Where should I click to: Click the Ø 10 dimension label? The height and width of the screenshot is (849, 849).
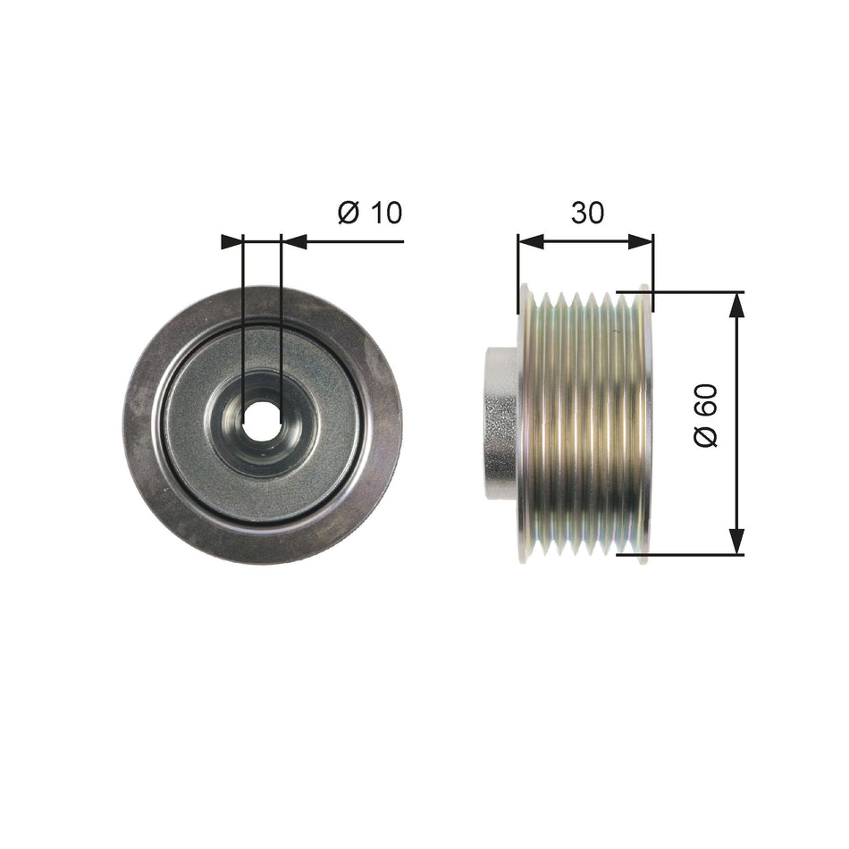370,213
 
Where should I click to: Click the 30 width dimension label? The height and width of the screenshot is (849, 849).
588,212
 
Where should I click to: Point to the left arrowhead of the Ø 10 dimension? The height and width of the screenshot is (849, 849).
232,241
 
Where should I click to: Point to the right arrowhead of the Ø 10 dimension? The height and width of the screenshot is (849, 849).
293,241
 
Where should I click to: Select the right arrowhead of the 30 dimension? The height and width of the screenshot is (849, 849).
641,241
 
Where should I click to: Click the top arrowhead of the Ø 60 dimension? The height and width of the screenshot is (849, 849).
736,305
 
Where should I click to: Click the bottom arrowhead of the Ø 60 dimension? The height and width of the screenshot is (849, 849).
736,542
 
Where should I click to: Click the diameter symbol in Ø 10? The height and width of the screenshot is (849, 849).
349,213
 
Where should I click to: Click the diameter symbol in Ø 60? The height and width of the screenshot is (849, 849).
707,438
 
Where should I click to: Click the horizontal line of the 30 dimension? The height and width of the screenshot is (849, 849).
585,241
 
